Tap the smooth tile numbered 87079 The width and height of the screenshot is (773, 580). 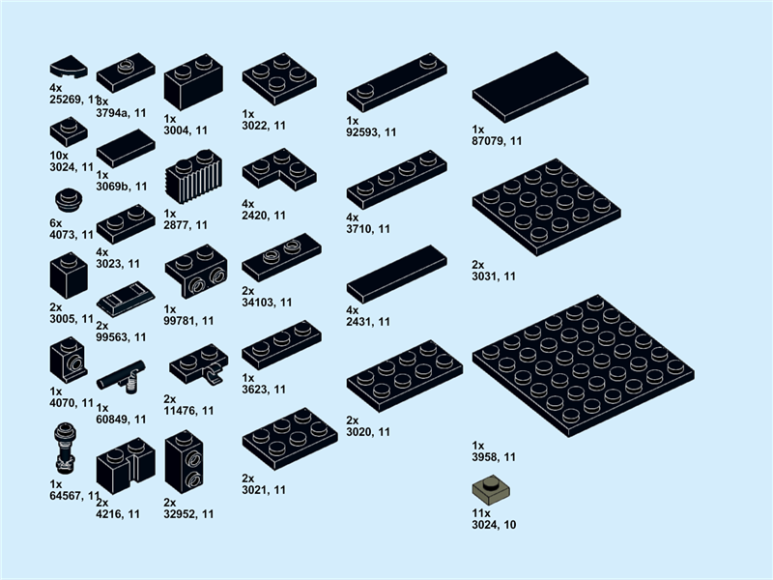[530, 86]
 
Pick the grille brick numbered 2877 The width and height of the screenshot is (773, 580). [193, 177]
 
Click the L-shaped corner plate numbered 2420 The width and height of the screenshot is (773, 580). [278, 169]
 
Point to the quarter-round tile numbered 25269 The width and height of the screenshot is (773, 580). [68, 67]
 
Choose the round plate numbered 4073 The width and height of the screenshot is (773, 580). [68, 201]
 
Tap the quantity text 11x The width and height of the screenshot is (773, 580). [481, 512]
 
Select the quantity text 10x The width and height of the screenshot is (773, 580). [59, 155]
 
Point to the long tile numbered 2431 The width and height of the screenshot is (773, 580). [396, 273]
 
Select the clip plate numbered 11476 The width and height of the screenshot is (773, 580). [199, 364]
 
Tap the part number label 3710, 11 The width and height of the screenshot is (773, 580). [369, 229]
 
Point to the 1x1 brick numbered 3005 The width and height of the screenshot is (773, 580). [69, 275]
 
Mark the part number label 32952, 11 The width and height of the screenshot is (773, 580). [189, 514]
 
